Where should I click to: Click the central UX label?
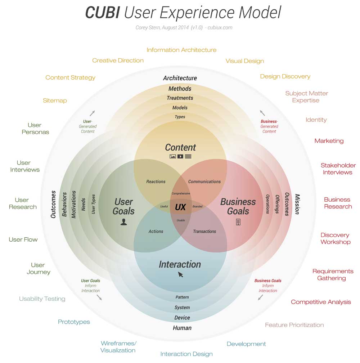click(x=180, y=207)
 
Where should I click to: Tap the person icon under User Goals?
click(x=124, y=222)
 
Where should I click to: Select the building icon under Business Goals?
click(x=238, y=222)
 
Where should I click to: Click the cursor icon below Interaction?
click(x=180, y=275)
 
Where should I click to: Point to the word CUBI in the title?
click(x=102, y=13)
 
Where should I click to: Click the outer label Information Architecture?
click(x=181, y=50)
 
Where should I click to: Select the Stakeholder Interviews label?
click(x=338, y=169)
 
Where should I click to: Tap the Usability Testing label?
click(x=42, y=299)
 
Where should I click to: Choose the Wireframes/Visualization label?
click(x=118, y=347)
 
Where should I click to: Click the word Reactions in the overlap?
click(x=156, y=182)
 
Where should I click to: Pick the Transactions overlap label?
click(x=204, y=232)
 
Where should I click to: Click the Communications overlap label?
click(x=204, y=182)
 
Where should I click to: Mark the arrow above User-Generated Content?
click(x=92, y=113)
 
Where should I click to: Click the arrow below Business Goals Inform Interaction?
click(x=260, y=297)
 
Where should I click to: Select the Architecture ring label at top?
click(x=180, y=78)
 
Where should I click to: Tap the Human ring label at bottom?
click(x=182, y=328)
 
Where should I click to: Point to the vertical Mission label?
click(x=297, y=204)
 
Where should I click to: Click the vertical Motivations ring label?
click(x=74, y=204)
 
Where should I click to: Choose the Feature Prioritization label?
click(x=294, y=325)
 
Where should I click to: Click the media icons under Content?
click(x=180, y=157)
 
